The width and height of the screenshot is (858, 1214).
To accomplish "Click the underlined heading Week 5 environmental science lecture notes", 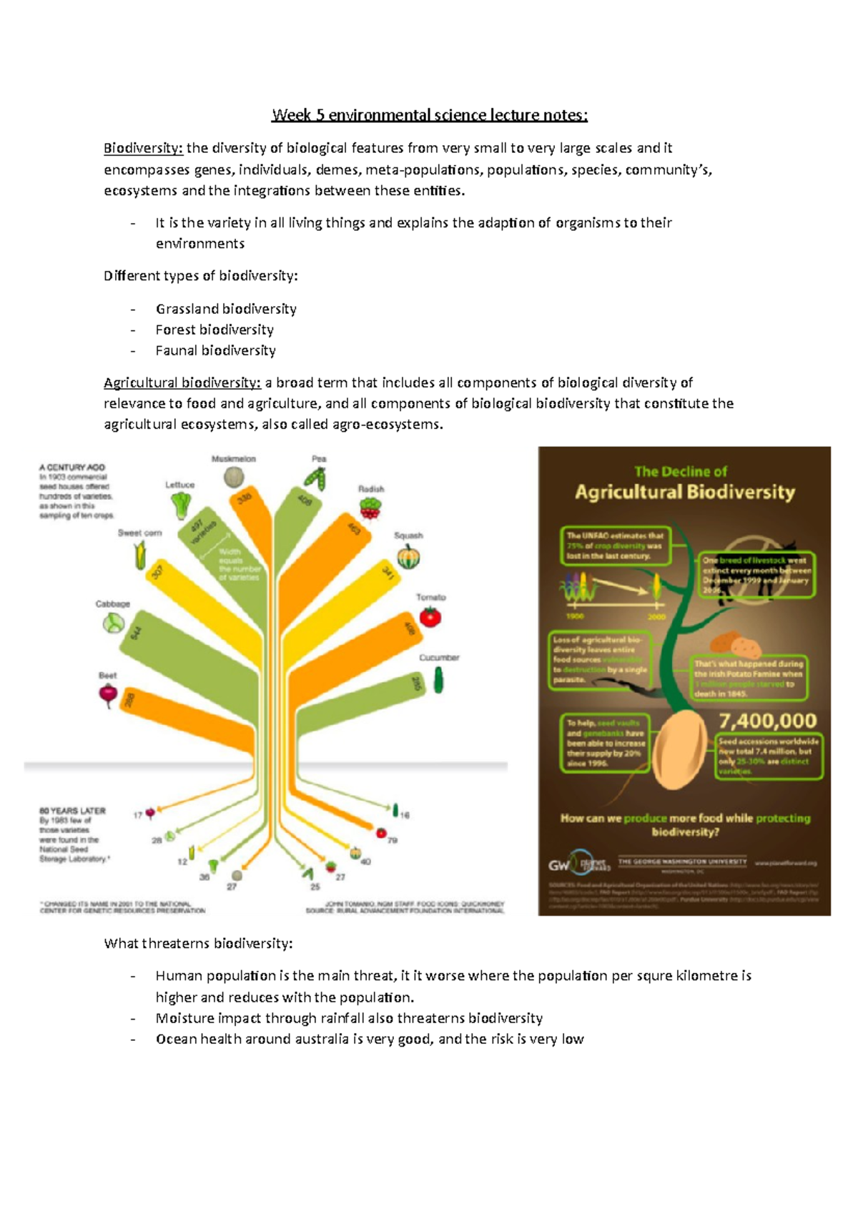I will pos(429,115).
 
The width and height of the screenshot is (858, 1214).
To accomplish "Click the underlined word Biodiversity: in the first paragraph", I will pos(143,148).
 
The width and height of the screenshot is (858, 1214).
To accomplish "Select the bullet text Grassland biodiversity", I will pos(226,309).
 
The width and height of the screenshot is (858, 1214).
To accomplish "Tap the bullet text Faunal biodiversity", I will pos(215,350).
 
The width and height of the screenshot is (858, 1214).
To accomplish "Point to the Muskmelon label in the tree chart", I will pos(233,459).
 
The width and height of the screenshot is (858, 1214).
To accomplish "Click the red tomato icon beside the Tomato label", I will pos(430,616).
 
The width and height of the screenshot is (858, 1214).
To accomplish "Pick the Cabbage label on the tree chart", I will pos(113,604).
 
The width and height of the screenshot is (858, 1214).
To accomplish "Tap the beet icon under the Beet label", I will pos(108,694).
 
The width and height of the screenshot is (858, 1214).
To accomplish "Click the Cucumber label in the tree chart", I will pos(439,658).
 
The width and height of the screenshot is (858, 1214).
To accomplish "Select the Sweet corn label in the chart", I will pos(139,533).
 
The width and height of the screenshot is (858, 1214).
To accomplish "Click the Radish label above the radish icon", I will pos(371,489).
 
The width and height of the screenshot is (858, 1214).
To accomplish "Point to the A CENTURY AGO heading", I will pos(71,468).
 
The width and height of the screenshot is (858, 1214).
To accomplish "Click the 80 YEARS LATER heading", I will pos(72,811).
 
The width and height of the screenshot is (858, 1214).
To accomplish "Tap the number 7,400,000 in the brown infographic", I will pos(767,721).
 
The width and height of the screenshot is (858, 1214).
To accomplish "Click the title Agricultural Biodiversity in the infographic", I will pos(684,492).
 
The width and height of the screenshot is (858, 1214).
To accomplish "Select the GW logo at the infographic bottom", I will pos(559,865).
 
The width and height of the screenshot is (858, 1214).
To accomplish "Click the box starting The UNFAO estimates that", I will pos(615,546).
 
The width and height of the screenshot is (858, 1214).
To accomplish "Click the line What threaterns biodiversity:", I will pos(198,944).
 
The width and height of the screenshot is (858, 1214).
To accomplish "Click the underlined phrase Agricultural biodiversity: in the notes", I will pos(182,383).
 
